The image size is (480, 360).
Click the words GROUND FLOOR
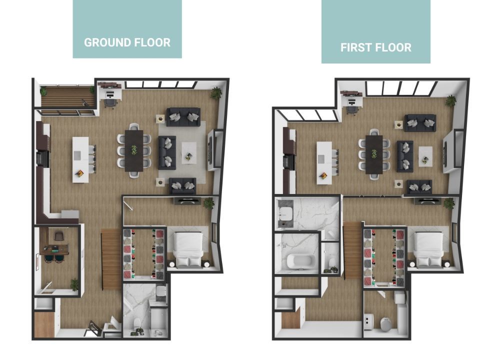127,42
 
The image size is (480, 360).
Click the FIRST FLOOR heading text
376,47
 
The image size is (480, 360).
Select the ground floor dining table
134,150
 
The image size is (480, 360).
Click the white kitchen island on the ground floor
80,159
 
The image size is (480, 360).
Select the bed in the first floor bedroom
428,249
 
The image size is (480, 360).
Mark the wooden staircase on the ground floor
111,259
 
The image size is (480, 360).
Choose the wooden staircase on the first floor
352,250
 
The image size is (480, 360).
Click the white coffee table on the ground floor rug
189,153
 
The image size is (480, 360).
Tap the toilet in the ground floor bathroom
137,322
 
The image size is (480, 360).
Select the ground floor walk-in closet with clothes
144,254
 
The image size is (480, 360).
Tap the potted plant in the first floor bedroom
448,203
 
